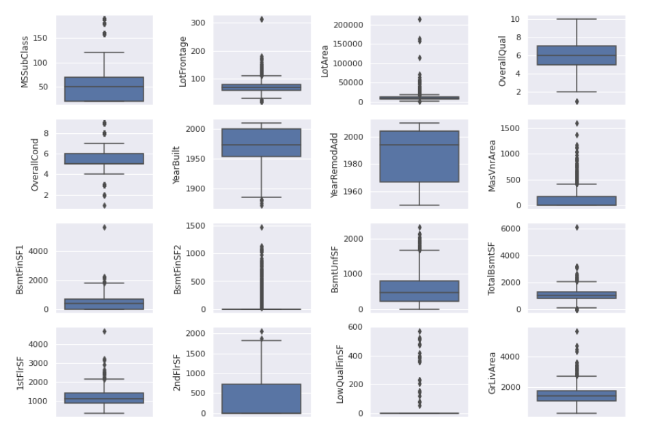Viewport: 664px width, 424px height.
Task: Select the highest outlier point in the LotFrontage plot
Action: [x=262, y=19]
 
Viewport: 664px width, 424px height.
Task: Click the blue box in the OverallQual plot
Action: [x=577, y=55]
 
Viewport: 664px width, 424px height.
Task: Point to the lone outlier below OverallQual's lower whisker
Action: [x=577, y=101]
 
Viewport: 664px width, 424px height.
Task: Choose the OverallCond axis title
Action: [x=35, y=165]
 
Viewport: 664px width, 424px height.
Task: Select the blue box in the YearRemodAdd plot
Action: [x=419, y=156]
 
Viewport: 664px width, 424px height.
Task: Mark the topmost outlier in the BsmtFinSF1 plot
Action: [x=105, y=227]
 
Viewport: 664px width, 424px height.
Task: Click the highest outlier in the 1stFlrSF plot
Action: [x=105, y=331]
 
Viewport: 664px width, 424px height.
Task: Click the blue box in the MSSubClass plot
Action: [x=105, y=89]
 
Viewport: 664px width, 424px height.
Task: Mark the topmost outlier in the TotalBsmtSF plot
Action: [x=577, y=227]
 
